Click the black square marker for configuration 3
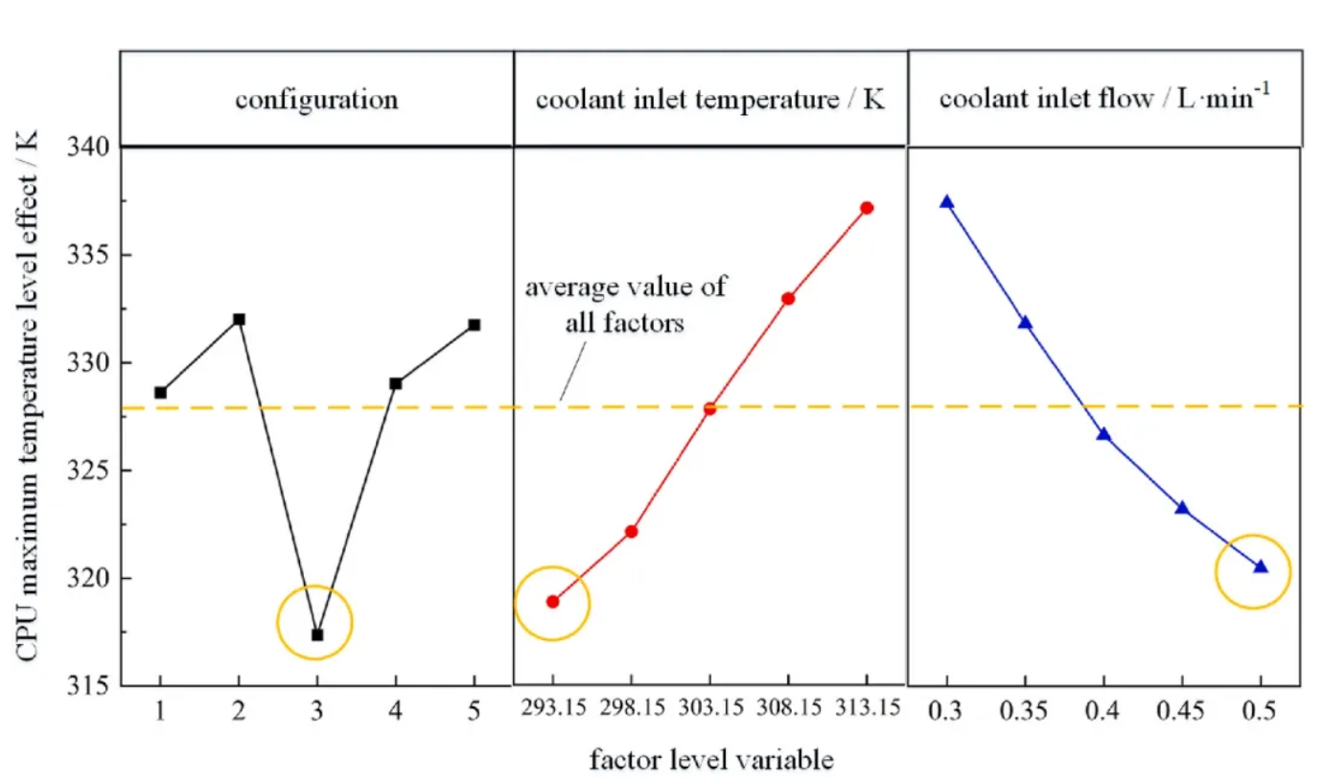[x=317, y=634]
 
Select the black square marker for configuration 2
[x=239, y=319]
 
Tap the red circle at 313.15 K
[x=867, y=208]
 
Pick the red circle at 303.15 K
[x=709, y=408]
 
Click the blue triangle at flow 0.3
[x=947, y=202]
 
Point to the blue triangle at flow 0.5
[x=1261, y=567]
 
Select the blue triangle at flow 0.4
[x=1103, y=434]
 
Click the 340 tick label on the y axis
[x=93, y=148]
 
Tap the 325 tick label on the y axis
[x=93, y=471]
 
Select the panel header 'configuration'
[x=317, y=99]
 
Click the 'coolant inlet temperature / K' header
[x=709, y=99]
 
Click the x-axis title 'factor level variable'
[x=710, y=761]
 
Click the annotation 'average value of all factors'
[x=624, y=304]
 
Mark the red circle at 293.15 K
[x=552, y=602]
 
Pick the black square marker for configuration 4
[x=395, y=383]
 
